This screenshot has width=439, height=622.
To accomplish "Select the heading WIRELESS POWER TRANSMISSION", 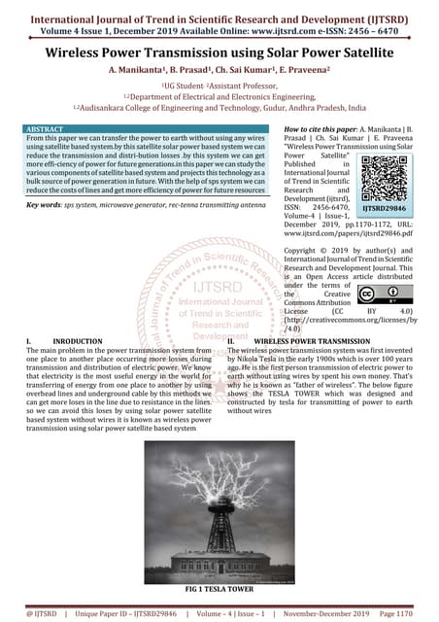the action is tap(306, 342).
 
